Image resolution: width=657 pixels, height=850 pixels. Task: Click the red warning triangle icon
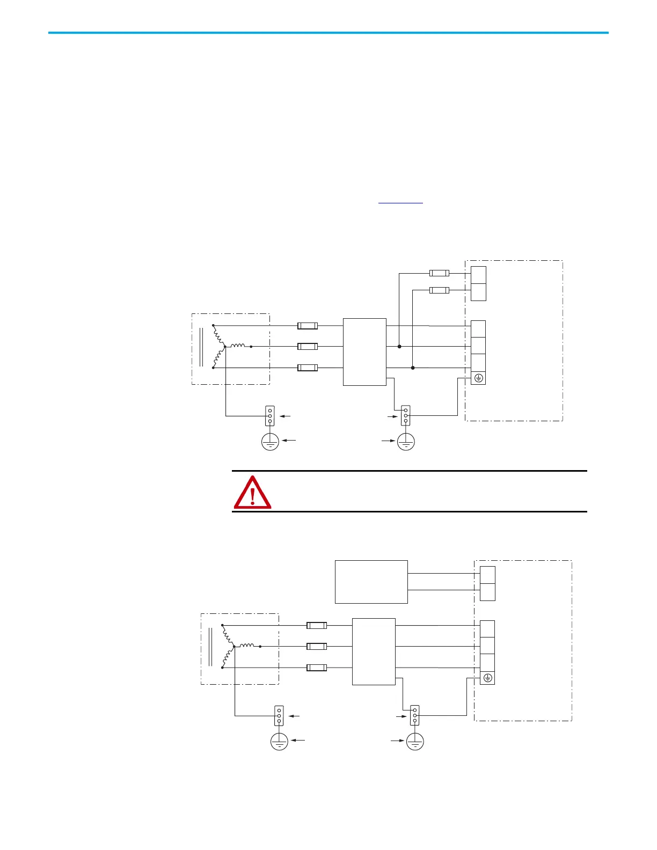[x=252, y=492]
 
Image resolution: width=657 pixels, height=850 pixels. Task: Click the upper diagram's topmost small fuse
[x=439, y=273]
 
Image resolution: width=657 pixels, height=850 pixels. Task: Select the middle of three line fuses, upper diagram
[x=308, y=347]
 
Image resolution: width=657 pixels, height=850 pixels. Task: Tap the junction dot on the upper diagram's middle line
[x=399, y=347]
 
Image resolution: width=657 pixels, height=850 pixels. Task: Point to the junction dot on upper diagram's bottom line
[x=413, y=368]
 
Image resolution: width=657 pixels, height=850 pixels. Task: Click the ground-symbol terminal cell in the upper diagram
[x=478, y=378]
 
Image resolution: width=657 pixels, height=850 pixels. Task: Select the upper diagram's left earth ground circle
[x=270, y=442]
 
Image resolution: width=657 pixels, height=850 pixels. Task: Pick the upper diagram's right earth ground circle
[x=406, y=442]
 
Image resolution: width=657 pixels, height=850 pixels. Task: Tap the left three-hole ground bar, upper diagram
[x=270, y=415]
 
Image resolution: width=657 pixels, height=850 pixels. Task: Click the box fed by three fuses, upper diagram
[x=364, y=351]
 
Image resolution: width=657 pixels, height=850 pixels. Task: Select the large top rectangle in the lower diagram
[x=371, y=582]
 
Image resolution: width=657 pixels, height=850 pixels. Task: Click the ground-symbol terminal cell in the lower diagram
[x=487, y=678]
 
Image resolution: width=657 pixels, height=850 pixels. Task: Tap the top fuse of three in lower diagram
[x=317, y=625]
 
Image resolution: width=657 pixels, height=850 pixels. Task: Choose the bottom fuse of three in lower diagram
[x=317, y=668]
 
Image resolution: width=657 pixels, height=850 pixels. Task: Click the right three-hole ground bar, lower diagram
[x=414, y=715]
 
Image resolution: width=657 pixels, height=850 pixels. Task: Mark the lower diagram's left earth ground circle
[x=279, y=742]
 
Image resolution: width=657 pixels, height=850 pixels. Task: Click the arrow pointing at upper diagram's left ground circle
[x=289, y=441]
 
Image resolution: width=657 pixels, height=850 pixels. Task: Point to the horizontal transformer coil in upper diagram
[x=238, y=346]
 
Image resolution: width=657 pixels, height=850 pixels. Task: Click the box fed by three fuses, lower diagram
[x=374, y=651]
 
